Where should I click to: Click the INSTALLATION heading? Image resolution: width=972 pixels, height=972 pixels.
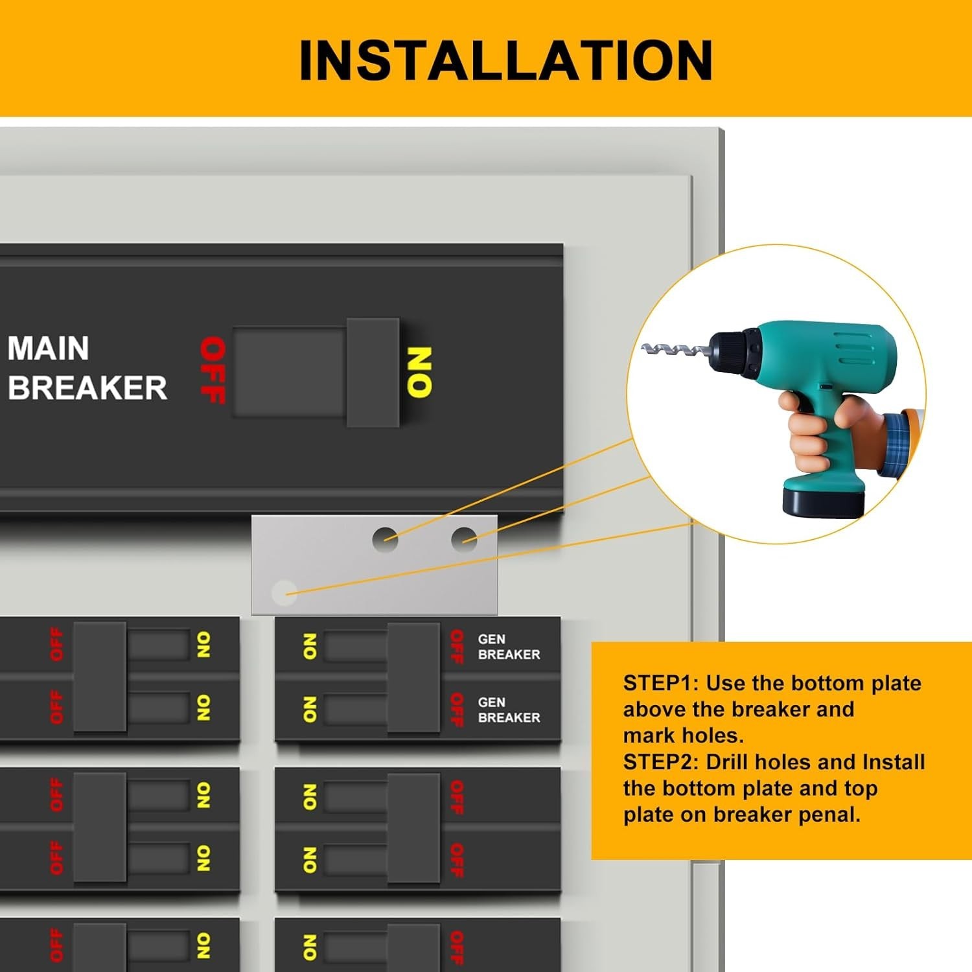click(x=506, y=60)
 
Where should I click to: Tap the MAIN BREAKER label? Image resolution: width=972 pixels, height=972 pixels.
click(x=87, y=368)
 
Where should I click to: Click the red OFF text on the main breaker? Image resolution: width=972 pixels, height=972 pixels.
click(x=213, y=370)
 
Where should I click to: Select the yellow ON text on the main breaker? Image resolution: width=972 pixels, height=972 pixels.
click(x=419, y=372)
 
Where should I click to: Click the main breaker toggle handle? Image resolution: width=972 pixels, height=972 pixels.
click(x=373, y=372)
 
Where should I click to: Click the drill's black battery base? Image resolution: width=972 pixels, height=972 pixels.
click(x=824, y=500)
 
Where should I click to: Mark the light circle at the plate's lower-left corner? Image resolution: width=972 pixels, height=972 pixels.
click(x=284, y=592)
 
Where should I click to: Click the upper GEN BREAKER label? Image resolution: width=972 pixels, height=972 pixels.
click(x=509, y=647)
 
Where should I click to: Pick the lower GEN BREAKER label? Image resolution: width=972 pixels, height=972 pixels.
click(x=509, y=710)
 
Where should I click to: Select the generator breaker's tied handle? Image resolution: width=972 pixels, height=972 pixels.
click(x=413, y=678)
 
